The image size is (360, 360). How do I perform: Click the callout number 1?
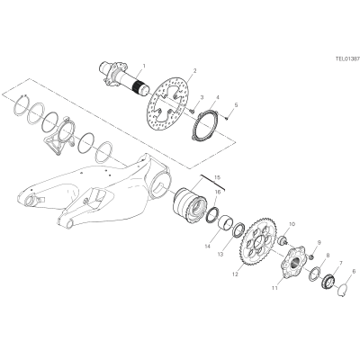coord(144,65)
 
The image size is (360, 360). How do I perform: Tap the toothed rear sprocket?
coord(258,243)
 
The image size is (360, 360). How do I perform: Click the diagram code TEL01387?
coord(347,59)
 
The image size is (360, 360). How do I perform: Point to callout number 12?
coord(235,274)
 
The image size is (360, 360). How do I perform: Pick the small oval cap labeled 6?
coord(342,290)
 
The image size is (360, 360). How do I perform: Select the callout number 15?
coord(217,176)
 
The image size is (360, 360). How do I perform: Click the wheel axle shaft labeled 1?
coord(124,78)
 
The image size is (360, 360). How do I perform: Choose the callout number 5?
coord(236,105)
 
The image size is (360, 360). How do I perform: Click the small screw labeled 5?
coord(227,119)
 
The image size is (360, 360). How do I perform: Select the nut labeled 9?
coord(312,257)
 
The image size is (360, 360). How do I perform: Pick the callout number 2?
coord(195,71)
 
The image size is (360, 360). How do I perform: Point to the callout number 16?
coord(218,192)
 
